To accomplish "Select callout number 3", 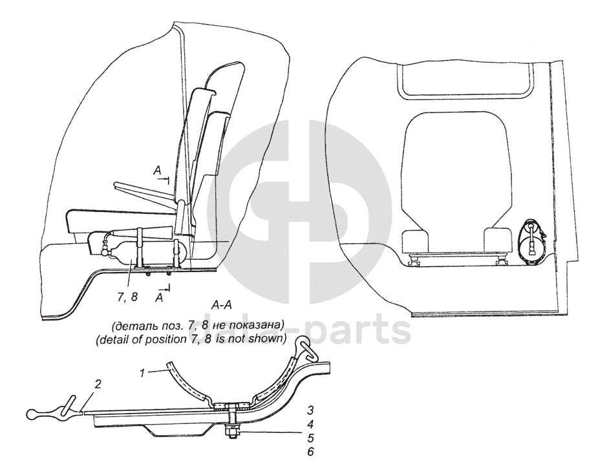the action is (x=310, y=411).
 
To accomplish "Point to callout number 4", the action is (x=310, y=425).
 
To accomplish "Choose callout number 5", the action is (x=310, y=439).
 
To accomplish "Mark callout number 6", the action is (x=310, y=452).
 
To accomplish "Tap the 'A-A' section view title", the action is (x=222, y=303).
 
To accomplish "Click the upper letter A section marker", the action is (x=157, y=170).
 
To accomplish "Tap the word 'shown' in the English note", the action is (x=269, y=338).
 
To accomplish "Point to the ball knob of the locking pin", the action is (x=34, y=414).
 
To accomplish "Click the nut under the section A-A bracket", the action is (x=230, y=428).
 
